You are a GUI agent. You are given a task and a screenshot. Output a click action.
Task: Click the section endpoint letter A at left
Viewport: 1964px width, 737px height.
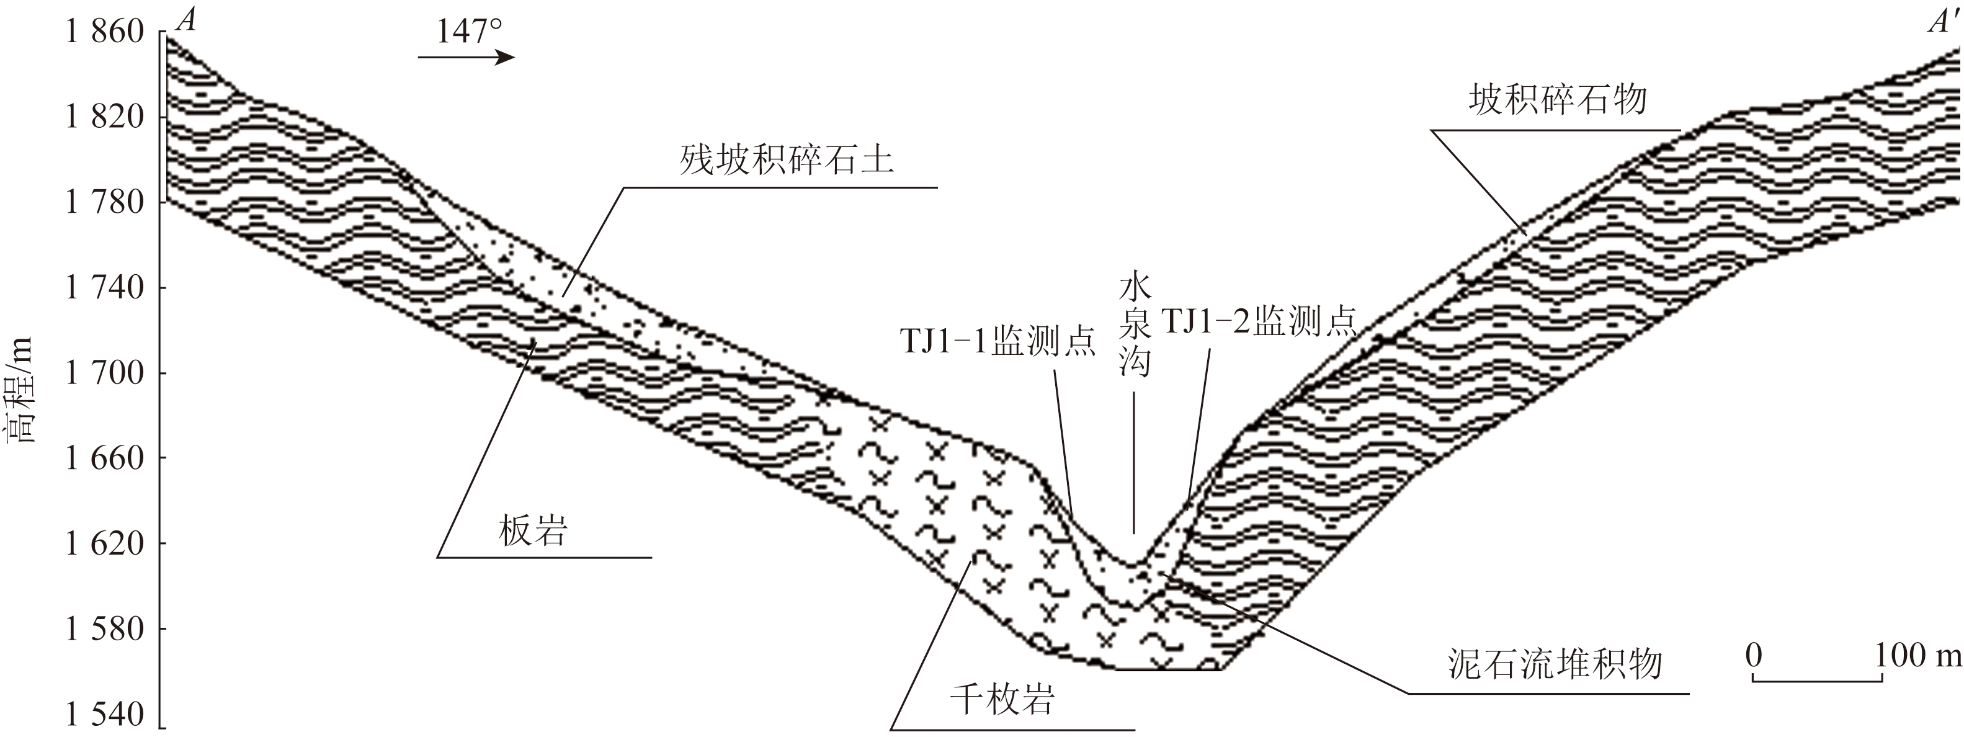186,20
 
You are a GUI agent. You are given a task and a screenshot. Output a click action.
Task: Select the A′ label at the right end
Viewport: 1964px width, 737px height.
1944,23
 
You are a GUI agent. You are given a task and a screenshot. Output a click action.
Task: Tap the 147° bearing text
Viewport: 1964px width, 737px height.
469,32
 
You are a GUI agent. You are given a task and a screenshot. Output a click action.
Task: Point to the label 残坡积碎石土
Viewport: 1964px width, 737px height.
786,161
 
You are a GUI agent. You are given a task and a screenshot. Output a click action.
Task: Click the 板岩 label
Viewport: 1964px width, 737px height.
533,530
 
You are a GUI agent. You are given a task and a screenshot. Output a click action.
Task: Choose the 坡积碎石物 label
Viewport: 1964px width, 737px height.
1558,100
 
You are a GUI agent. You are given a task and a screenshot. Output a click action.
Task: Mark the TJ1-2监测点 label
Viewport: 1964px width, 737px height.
1258,321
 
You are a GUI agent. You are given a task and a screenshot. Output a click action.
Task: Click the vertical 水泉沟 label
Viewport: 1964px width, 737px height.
1134,326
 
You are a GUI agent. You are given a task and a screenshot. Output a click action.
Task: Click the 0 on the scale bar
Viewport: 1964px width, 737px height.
1754,654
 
